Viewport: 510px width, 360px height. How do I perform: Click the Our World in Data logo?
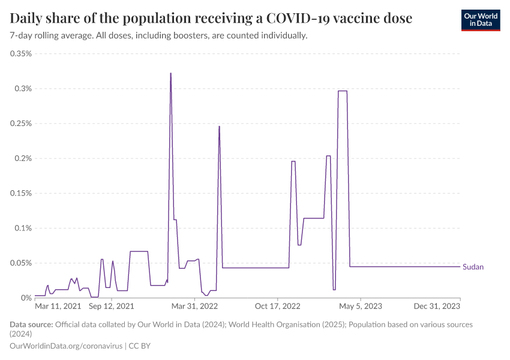click(x=480, y=20)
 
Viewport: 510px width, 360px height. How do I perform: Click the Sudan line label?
click(x=473, y=267)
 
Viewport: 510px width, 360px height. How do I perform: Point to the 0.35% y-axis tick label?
click(x=21, y=54)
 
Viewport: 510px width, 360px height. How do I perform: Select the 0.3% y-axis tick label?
click(x=23, y=89)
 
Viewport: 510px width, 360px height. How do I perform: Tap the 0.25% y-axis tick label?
click(x=21, y=124)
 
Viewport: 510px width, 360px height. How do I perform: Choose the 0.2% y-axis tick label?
click(x=23, y=158)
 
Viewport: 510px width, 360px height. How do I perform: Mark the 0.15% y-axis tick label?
click(x=21, y=193)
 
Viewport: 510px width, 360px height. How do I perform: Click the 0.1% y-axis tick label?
click(x=23, y=228)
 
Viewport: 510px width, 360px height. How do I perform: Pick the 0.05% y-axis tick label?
click(x=21, y=263)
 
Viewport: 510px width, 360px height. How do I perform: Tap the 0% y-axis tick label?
click(x=27, y=298)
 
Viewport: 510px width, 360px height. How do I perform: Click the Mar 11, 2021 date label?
click(x=58, y=307)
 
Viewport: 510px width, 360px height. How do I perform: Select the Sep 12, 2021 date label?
click(x=112, y=307)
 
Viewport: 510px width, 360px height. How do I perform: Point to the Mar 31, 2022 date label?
click(x=196, y=307)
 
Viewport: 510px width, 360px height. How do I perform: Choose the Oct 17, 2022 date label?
click(x=278, y=307)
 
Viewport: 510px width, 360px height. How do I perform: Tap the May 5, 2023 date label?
click(x=360, y=307)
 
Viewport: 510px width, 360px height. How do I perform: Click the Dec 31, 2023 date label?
click(x=438, y=307)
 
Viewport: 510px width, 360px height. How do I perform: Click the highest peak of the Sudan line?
click(x=170, y=74)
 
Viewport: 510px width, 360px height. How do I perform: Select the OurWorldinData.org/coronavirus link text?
click(x=66, y=346)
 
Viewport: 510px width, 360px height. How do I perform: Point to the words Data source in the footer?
click(x=31, y=325)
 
